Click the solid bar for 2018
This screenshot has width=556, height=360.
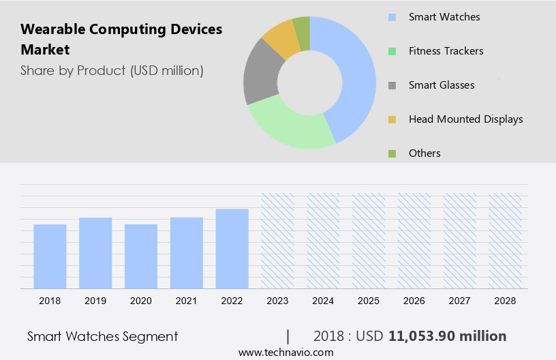(x=50, y=256)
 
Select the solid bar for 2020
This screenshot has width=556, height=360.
(x=141, y=256)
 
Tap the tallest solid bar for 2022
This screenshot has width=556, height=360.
(x=232, y=248)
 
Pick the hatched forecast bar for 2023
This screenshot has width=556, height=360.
(x=278, y=240)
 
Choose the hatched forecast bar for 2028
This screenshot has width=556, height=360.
(x=506, y=240)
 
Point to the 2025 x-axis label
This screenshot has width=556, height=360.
(x=369, y=300)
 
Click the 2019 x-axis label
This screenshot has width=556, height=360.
(x=95, y=300)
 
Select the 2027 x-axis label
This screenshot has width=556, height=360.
(x=460, y=300)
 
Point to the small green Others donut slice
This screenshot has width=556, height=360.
(x=302, y=26)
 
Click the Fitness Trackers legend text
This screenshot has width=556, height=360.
(x=446, y=50)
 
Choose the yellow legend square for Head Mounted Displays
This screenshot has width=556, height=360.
(x=391, y=119)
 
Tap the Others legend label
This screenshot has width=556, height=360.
(x=424, y=153)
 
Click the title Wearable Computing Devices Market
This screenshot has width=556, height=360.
(x=121, y=40)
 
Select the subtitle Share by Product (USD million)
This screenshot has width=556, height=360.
(x=112, y=70)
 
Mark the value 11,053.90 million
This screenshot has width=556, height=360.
(x=447, y=336)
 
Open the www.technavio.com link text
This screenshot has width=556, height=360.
(x=285, y=352)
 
